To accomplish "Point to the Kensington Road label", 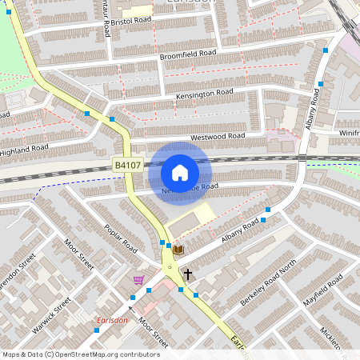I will coord(205,95).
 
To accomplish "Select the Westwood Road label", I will coord(217,137).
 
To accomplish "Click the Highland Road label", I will coord(25,150).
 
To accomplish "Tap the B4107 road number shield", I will coord(128,166).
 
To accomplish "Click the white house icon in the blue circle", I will coord(180,172).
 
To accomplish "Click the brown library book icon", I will coord(178,250).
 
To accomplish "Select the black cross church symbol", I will coord(188,274).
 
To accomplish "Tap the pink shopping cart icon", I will coord(139,280).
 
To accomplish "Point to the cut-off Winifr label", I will coord(349,133).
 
